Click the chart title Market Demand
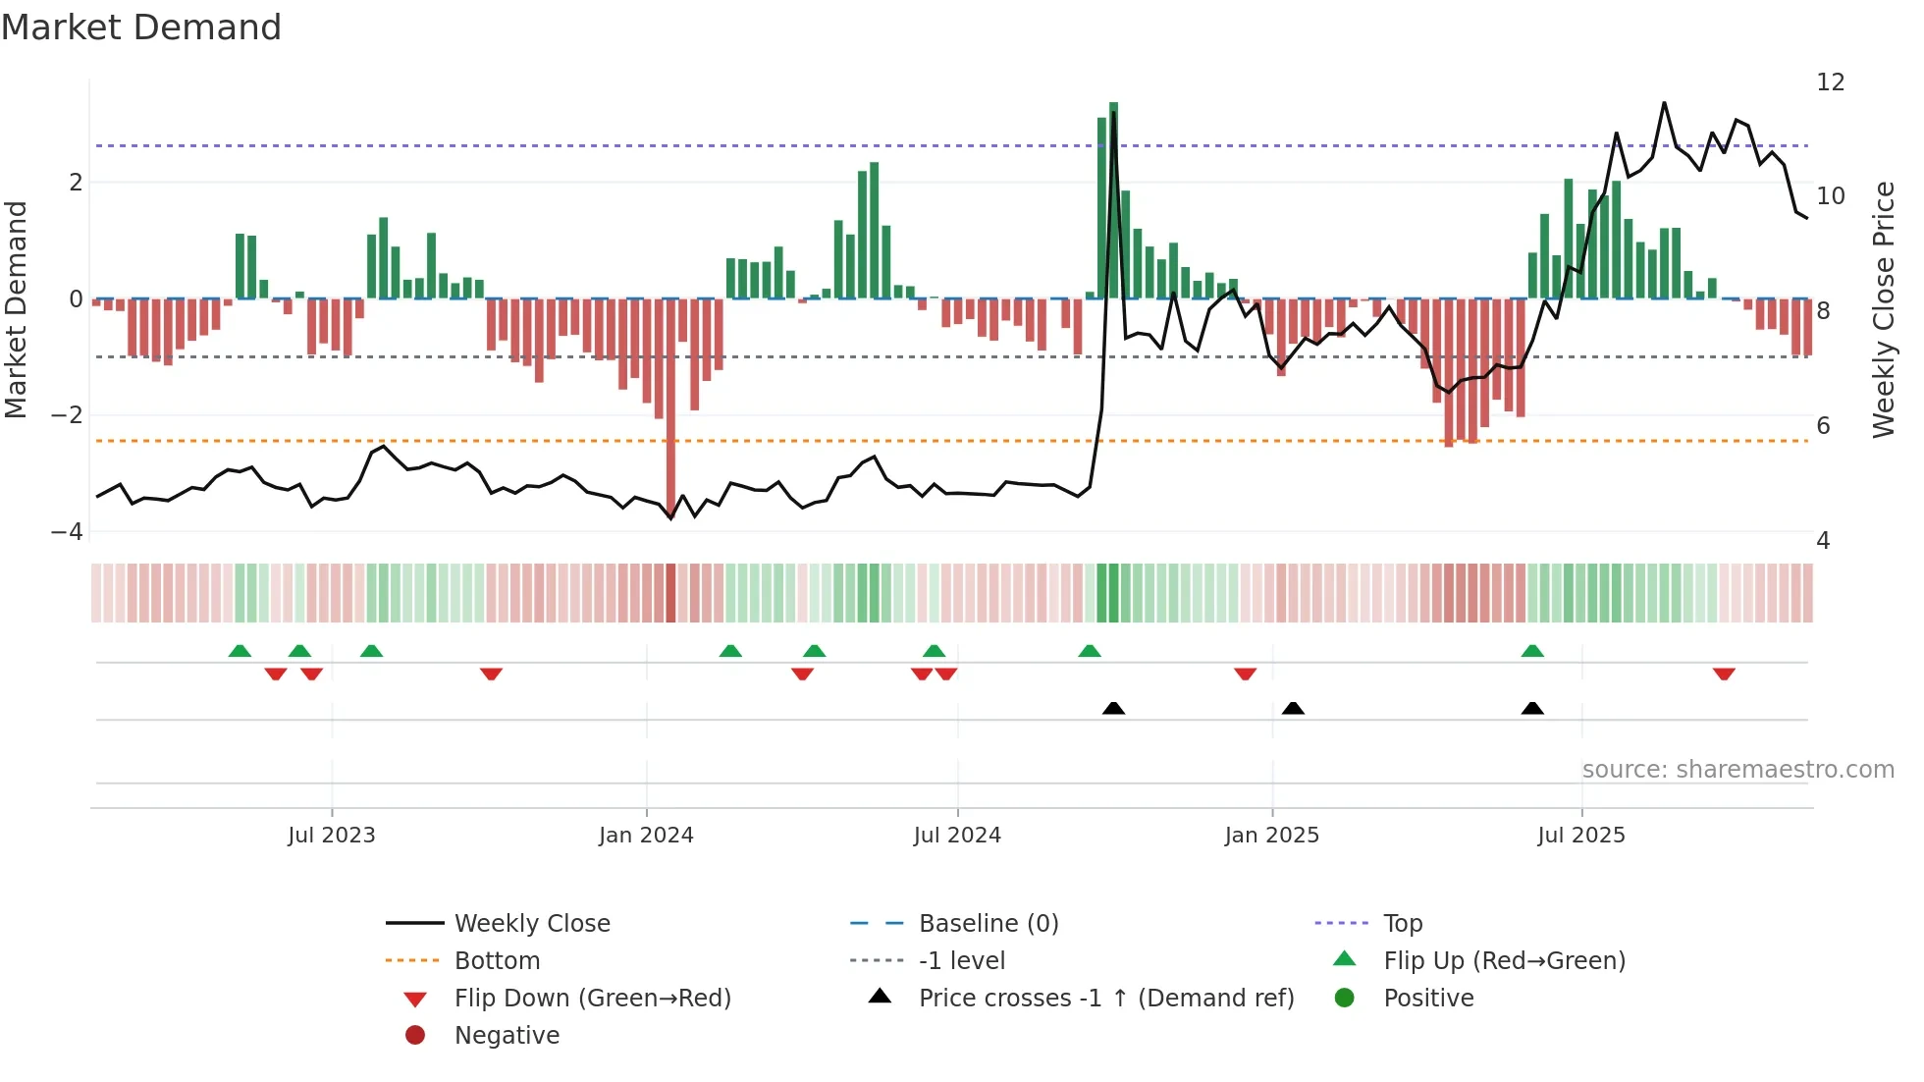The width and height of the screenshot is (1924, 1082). (141, 27)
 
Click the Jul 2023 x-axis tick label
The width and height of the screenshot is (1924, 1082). (332, 836)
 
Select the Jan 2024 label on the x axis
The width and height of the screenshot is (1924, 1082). (646, 836)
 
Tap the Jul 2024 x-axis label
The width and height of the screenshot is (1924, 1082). (957, 836)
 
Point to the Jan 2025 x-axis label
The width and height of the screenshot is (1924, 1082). (1272, 836)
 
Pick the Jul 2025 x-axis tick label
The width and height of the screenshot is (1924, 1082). (1581, 836)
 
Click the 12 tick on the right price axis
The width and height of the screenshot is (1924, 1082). (1831, 82)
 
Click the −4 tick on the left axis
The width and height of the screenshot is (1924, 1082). (68, 532)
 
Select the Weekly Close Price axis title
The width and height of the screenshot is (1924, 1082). (1883, 309)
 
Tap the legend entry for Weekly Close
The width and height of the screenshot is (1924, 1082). (532, 924)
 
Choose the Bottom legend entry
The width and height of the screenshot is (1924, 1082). (497, 961)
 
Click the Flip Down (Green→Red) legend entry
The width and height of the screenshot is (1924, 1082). (592, 999)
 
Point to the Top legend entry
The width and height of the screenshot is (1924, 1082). (1403, 924)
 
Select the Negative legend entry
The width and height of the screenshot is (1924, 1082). (507, 1036)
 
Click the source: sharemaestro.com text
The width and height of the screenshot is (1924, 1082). (1737, 770)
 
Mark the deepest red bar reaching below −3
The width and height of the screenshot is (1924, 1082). (671, 412)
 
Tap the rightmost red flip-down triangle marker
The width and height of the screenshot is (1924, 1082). (1724, 674)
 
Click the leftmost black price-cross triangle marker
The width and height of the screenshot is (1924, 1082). (1113, 708)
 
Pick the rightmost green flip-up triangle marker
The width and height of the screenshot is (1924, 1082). (1532, 651)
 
